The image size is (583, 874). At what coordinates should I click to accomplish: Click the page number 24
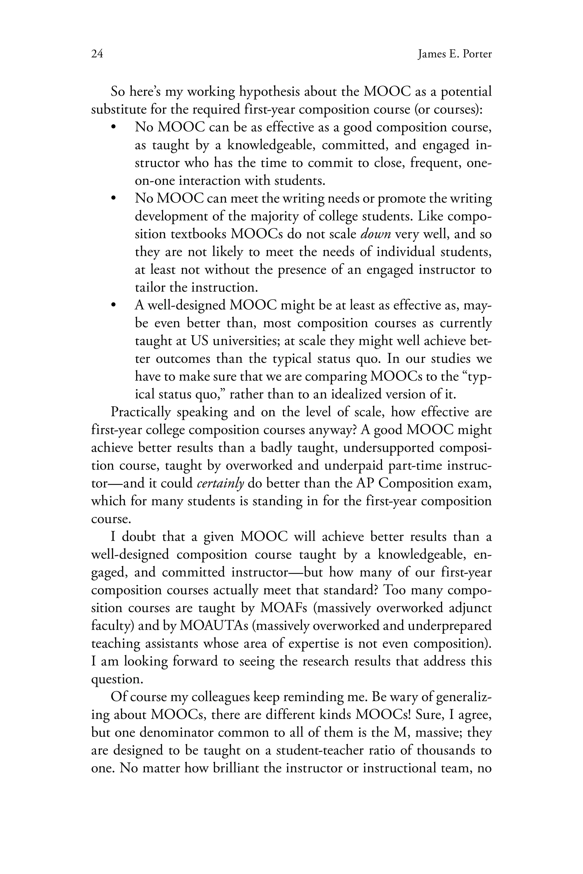97,54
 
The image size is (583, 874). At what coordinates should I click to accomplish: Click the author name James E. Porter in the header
454,54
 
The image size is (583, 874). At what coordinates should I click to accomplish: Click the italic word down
375,234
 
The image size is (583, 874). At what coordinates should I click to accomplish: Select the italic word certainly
220,483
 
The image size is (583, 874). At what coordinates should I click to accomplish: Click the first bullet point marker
114,127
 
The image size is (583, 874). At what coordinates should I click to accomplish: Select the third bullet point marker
114,306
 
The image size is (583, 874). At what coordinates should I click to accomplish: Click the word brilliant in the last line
236,768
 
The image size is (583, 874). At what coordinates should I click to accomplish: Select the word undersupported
389,448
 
